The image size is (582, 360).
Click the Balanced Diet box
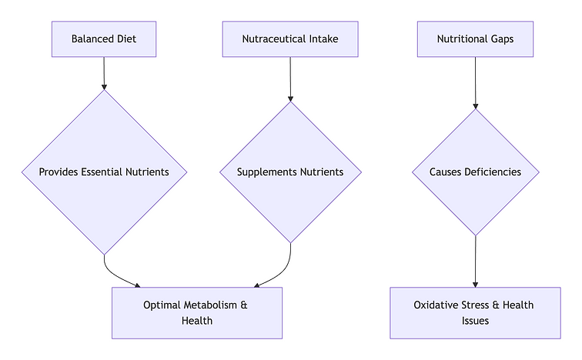(x=104, y=38)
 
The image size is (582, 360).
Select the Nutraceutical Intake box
(x=290, y=38)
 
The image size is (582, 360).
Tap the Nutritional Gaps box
(x=475, y=38)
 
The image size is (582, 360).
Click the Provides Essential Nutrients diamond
(x=104, y=172)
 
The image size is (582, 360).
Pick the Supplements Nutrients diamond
(x=290, y=172)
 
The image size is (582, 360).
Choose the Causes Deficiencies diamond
(x=475, y=172)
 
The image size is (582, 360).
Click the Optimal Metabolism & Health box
(x=197, y=313)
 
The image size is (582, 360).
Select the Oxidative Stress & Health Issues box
(x=475, y=313)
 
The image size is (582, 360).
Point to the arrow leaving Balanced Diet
(x=104, y=73)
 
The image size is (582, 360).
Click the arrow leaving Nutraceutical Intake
(x=290, y=78)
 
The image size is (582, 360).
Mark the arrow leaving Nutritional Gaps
(x=475, y=82)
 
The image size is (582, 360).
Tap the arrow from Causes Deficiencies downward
(x=475, y=262)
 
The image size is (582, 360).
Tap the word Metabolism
(x=210, y=305)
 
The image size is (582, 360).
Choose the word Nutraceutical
(x=276, y=38)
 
